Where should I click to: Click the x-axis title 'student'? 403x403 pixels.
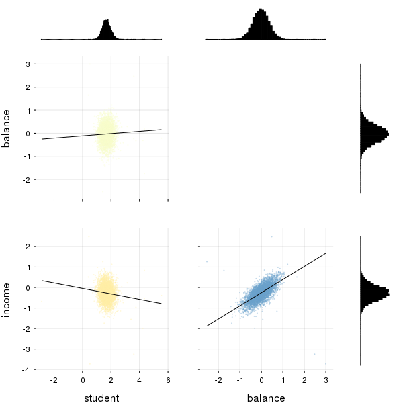[x=101, y=398]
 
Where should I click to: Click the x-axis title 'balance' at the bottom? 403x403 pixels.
[x=266, y=398]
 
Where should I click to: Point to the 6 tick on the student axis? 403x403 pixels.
[x=168, y=380]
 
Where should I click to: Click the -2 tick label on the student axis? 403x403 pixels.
[x=54, y=380]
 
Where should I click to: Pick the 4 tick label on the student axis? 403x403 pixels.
[x=140, y=380]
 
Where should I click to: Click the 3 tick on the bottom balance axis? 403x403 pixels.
[x=326, y=380]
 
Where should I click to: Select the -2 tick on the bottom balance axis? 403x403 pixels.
[x=218, y=380]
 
